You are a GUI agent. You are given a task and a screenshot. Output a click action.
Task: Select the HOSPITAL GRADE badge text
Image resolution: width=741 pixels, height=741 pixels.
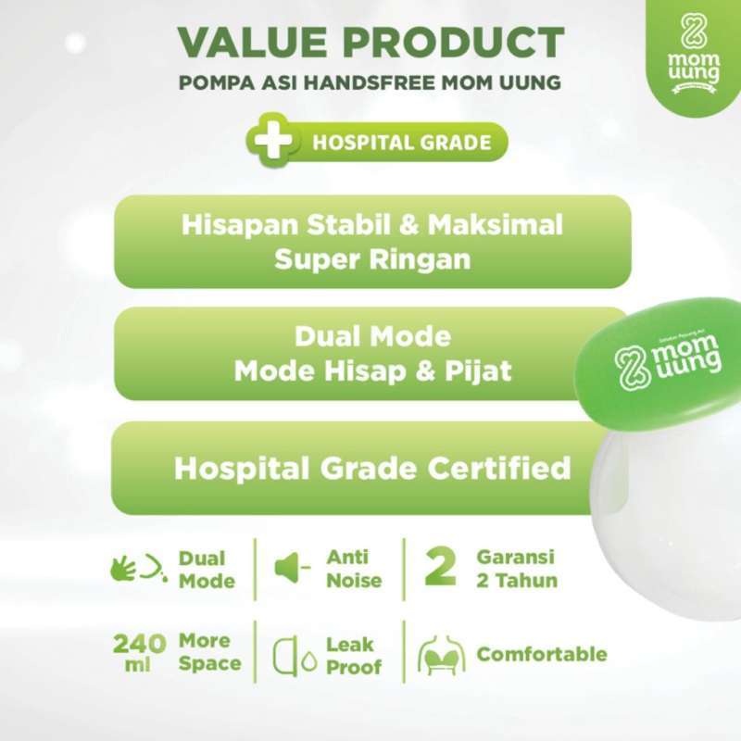click(x=401, y=144)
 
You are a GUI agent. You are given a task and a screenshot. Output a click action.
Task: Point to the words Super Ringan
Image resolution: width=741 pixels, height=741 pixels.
click(x=372, y=259)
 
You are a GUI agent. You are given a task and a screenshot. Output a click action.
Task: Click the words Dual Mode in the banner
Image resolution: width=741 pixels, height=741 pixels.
click(x=372, y=336)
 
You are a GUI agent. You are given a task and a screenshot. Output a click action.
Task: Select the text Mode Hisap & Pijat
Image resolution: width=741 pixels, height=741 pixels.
click(x=372, y=370)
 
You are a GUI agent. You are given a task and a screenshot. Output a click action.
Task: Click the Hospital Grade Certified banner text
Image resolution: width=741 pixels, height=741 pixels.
click(x=372, y=469)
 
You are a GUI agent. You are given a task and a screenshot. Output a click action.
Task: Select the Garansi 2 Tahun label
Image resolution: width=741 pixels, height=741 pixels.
click(x=517, y=570)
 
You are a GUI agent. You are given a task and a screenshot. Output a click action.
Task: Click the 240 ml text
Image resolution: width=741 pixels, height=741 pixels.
click(x=140, y=654)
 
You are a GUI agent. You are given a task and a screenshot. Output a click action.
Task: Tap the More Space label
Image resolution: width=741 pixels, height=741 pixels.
click(x=209, y=653)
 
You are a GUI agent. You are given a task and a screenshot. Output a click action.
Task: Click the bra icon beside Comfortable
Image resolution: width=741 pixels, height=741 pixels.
click(x=441, y=656)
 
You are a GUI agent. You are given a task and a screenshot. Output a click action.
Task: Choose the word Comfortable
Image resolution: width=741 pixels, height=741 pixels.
click(x=542, y=655)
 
